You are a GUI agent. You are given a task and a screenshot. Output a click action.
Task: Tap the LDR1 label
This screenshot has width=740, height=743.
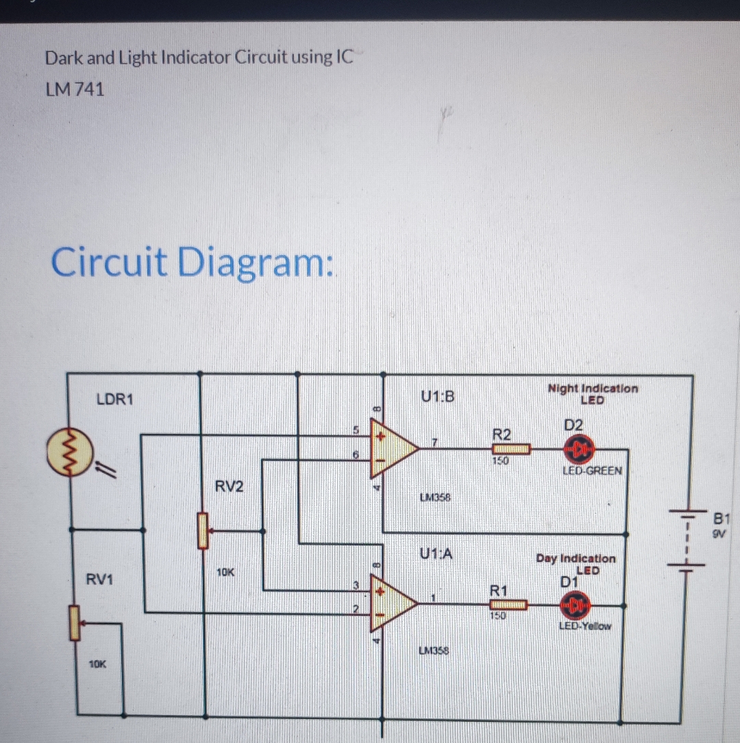(115, 399)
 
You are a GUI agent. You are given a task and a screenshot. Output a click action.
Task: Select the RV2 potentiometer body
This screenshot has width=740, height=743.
(202, 530)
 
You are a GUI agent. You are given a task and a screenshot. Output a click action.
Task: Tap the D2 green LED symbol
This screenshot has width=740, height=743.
(577, 449)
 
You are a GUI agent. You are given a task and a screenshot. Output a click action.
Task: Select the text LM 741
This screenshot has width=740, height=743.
(75, 89)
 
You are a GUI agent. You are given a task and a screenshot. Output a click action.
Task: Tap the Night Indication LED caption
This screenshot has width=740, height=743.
(593, 393)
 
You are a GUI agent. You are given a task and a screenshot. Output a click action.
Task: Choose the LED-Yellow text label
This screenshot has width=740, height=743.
(584, 626)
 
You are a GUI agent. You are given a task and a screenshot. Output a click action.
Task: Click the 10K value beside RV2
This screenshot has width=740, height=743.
(225, 571)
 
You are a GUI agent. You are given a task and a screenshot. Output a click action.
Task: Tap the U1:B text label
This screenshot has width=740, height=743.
(439, 396)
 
